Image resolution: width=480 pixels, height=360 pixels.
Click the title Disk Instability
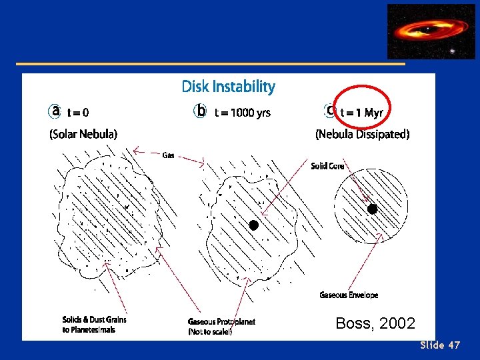click(228, 87)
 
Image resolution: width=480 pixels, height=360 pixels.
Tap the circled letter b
click(200, 111)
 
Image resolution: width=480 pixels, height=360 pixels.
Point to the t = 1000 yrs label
click(242, 113)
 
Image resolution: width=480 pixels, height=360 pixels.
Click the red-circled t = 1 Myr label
click(361, 113)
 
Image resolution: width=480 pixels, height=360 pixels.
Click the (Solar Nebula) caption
click(83, 134)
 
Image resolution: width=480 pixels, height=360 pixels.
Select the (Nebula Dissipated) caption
click(362, 134)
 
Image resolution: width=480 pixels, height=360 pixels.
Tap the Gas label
click(169, 155)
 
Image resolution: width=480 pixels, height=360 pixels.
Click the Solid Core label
click(327, 166)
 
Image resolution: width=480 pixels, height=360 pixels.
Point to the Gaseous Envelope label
click(349, 295)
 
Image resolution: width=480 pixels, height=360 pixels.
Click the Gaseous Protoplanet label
click(221, 321)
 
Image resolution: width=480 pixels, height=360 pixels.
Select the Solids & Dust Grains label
click(94, 320)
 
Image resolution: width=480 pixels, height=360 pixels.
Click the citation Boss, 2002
click(375, 324)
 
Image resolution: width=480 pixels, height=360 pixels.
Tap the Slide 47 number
click(440, 345)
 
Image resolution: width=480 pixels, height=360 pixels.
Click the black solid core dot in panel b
click(253, 225)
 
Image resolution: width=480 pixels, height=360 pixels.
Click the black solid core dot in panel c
click(373, 209)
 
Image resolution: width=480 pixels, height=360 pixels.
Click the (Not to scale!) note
click(210, 331)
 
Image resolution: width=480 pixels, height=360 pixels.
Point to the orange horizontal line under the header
click(211, 64)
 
